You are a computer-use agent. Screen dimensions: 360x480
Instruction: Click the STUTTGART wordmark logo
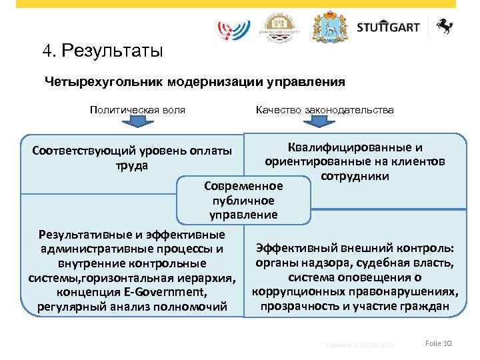[388, 27]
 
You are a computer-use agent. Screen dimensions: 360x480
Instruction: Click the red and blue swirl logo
[234, 29]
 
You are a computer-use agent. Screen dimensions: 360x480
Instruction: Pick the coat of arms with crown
[330, 27]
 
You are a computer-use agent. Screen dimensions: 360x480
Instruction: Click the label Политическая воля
[137, 109]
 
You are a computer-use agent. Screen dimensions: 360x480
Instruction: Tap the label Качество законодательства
[325, 109]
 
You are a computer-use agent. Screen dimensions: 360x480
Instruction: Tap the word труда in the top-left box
[131, 165]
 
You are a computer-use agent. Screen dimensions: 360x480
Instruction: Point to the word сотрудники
[355, 176]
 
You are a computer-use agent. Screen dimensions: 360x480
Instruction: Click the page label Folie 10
[438, 343]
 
